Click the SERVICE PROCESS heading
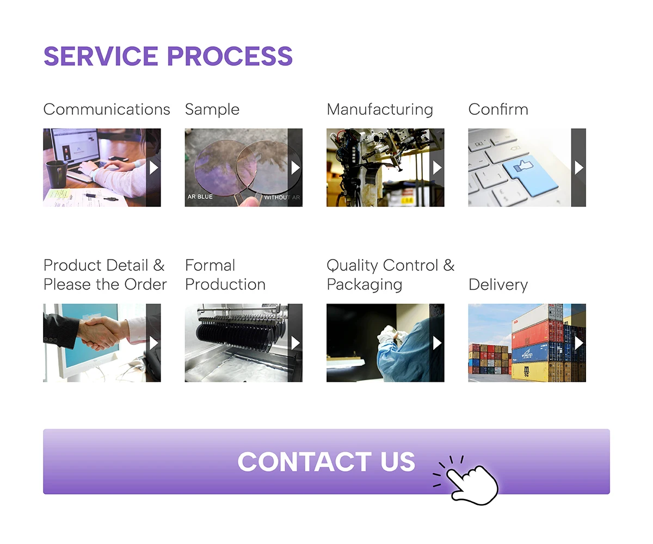(x=168, y=57)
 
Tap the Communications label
(x=107, y=109)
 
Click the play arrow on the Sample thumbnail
(x=295, y=168)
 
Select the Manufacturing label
(x=380, y=109)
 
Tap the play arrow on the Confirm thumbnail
(x=579, y=168)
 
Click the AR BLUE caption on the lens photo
(x=200, y=197)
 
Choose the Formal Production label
(x=225, y=275)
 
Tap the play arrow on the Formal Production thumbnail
(x=295, y=343)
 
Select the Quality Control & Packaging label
(x=390, y=275)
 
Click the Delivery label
(x=498, y=285)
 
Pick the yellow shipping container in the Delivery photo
(x=536, y=371)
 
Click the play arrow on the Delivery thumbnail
(x=579, y=343)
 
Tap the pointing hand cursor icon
(x=471, y=481)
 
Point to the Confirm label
(x=498, y=109)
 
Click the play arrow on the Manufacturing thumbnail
(x=437, y=168)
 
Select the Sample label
(x=212, y=109)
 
